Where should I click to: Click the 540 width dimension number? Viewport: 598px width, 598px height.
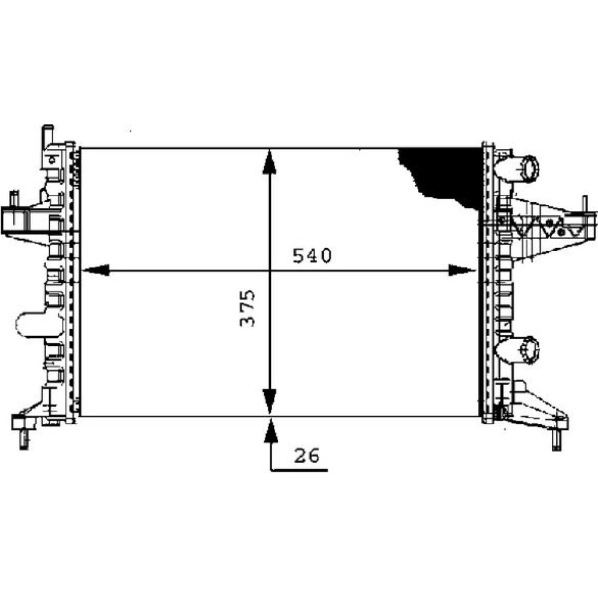click(312, 256)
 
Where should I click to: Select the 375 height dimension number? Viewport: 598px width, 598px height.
click(247, 308)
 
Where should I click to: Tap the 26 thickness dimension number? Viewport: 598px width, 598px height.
click(307, 456)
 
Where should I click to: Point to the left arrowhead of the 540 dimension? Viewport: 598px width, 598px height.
click(95, 270)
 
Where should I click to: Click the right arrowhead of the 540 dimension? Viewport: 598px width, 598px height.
click(463, 270)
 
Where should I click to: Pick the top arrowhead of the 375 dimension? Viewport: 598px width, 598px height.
click(270, 161)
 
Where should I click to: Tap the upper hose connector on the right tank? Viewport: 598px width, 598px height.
click(518, 169)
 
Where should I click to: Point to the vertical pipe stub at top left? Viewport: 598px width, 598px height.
click(48, 135)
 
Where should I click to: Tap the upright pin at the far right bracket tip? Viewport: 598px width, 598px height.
click(584, 205)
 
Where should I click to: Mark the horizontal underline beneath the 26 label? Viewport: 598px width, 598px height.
click(299, 470)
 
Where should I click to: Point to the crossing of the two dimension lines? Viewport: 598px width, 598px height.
click(270, 271)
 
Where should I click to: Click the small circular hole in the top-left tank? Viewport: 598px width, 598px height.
click(52, 160)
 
